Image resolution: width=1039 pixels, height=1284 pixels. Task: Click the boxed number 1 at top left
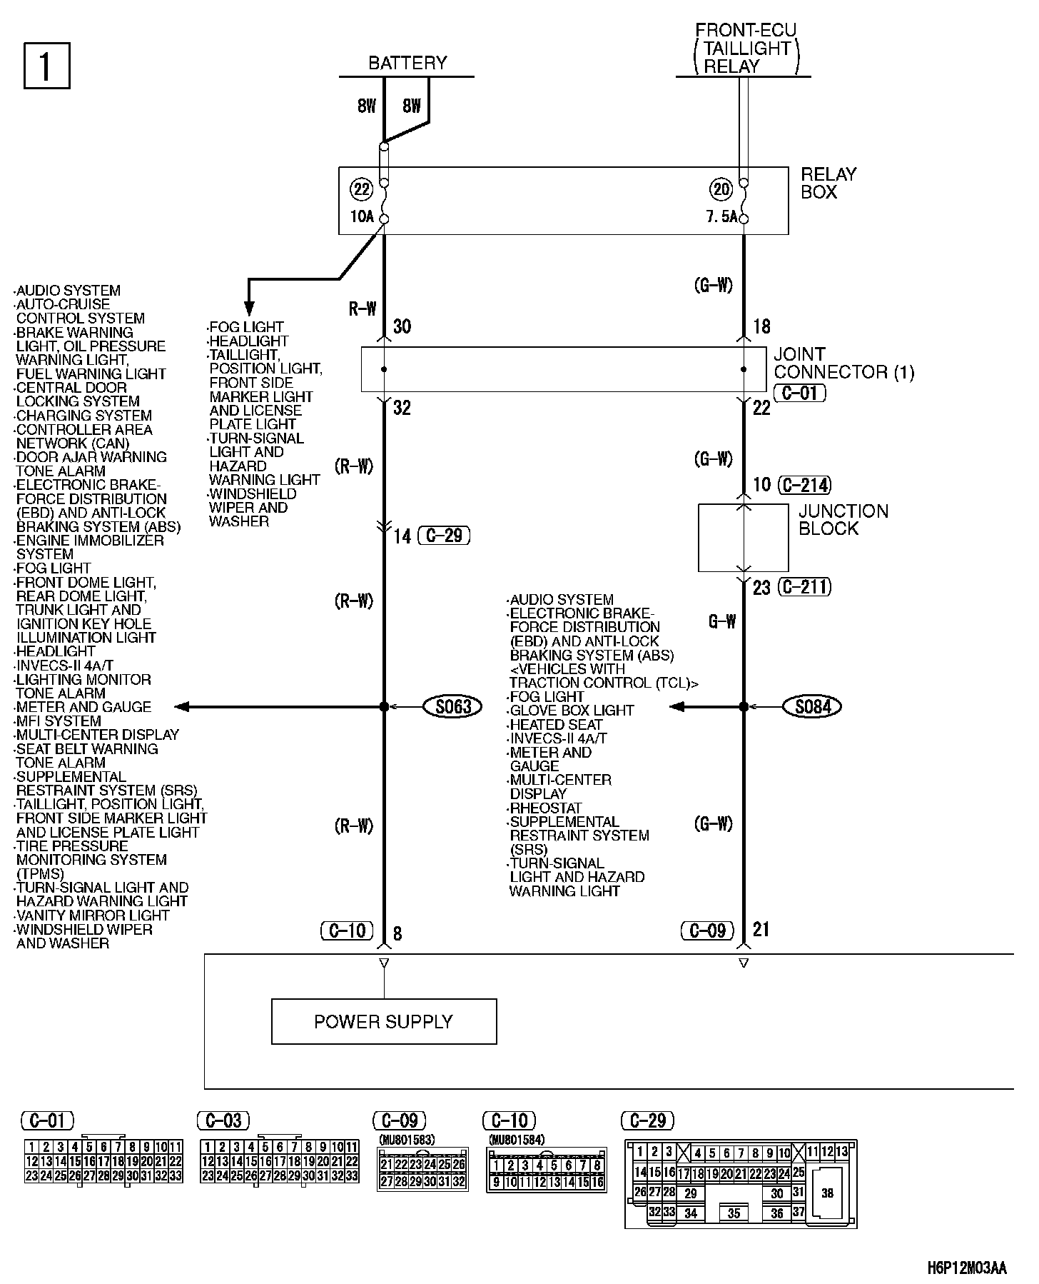[46, 66]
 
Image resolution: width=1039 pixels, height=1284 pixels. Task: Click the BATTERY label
[407, 63]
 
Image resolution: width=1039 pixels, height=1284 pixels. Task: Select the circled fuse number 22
[362, 189]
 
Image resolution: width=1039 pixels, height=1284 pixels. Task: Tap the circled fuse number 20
[721, 189]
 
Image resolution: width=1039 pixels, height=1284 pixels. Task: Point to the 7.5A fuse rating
[721, 216]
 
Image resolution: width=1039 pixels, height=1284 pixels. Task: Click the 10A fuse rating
[362, 216]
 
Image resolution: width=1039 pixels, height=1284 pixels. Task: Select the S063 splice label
[453, 707]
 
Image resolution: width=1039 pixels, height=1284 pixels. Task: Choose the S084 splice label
[813, 707]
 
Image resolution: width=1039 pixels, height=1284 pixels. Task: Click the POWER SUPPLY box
[384, 1021]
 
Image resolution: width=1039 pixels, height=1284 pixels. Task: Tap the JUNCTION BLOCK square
[743, 538]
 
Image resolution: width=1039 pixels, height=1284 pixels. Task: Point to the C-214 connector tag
[805, 486]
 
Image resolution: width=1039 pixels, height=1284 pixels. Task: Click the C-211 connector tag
[805, 587]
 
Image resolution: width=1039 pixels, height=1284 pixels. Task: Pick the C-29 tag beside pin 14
[444, 536]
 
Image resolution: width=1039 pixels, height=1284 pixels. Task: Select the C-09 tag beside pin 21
[707, 931]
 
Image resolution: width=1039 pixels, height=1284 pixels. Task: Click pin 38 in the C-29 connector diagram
[827, 1193]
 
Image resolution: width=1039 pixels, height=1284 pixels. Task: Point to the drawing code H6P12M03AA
[967, 1268]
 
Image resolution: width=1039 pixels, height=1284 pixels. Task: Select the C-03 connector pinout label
[224, 1120]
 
